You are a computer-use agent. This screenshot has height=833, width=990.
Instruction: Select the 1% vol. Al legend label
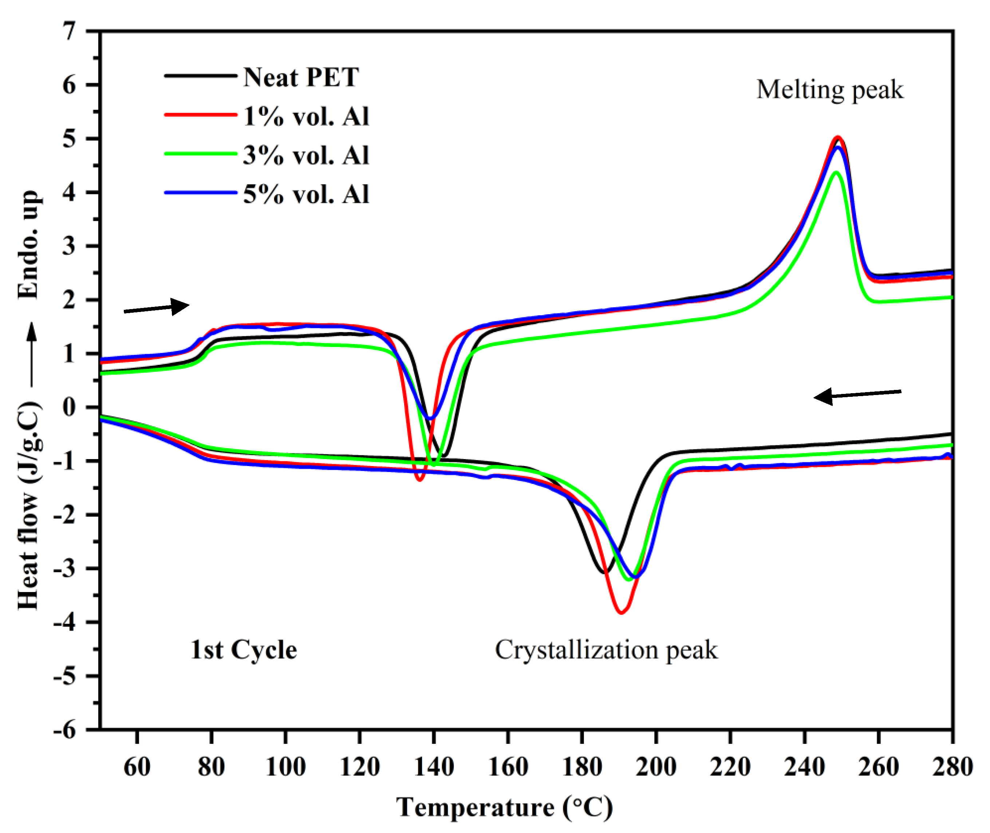pos(305,116)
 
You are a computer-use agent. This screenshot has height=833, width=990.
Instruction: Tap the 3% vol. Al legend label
pos(305,155)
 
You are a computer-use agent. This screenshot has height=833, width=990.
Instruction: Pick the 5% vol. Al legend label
pos(305,194)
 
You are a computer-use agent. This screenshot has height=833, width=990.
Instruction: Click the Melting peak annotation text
pos(829,89)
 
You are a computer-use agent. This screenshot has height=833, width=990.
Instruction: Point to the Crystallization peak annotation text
pos(606,650)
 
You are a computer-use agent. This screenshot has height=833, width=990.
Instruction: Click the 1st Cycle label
pos(244,650)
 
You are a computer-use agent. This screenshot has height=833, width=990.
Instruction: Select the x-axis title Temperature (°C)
pos(504,807)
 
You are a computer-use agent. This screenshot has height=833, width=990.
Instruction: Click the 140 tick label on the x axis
pos(434,766)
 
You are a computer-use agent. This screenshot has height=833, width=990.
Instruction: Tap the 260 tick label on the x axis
pos(879,766)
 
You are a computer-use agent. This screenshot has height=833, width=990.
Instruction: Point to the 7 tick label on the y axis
pos(70,32)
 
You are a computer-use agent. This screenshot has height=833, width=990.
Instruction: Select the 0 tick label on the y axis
pos(70,407)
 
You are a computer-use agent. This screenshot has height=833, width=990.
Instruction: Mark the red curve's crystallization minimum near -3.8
pos(621,612)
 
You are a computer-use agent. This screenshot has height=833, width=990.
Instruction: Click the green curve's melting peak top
pos(836,172)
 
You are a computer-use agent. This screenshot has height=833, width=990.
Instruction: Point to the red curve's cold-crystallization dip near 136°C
pos(419,479)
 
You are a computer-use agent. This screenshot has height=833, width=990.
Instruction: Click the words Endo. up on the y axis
pos(28,245)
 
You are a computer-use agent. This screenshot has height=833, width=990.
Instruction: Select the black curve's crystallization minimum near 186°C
pos(604,572)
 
